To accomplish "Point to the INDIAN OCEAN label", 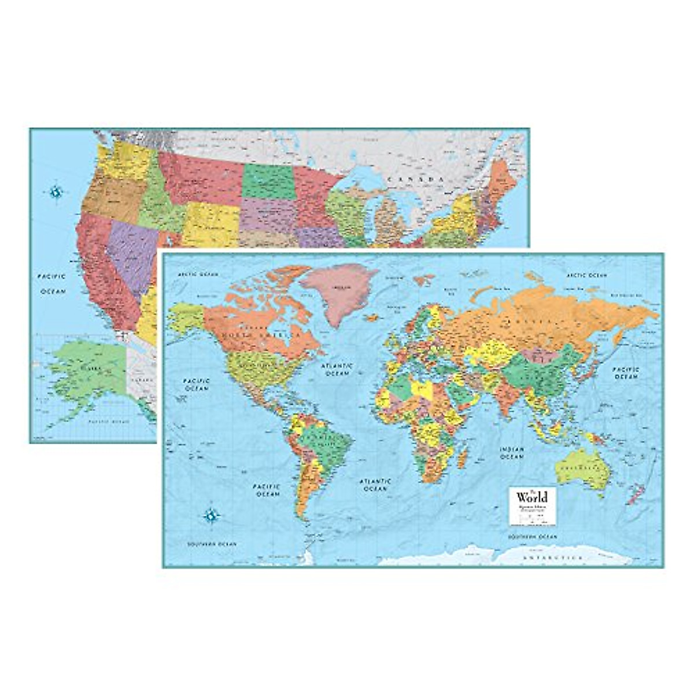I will tap(512, 453).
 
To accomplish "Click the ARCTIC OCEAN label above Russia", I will tap(587, 275).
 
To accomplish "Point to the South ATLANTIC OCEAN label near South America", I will tap(375, 485).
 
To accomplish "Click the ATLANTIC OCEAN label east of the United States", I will tap(338, 370).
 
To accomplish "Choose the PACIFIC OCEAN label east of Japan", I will tap(626, 372).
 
